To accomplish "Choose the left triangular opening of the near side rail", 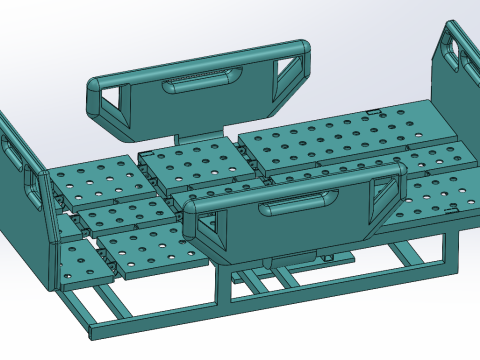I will (211, 231).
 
